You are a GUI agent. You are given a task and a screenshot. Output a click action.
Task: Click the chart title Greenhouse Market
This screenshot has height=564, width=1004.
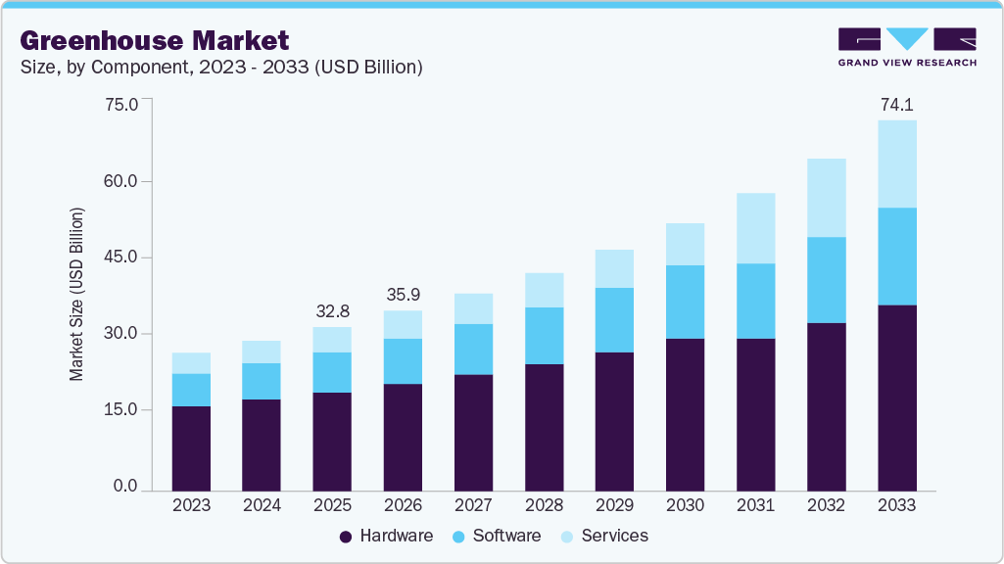(x=154, y=40)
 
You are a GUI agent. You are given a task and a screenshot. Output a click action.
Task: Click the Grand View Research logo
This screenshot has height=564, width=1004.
(x=907, y=47)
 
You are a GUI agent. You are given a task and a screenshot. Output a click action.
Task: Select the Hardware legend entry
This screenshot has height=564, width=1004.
(x=386, y=536)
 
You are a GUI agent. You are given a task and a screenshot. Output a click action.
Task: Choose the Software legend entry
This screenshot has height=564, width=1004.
(x=497, y=536)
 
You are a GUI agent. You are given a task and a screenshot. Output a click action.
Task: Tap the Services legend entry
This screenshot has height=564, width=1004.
(x=604, y=536)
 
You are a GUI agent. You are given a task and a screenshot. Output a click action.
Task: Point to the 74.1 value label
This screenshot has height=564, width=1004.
(x=897, y=105)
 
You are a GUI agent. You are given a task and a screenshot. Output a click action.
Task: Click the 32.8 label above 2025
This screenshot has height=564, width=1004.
(x=332, y=311)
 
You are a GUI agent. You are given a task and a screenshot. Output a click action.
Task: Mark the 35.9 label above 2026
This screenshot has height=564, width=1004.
(x=403, y=295)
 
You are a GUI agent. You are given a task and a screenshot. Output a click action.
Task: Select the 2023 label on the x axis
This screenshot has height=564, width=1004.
(x=191, y=505)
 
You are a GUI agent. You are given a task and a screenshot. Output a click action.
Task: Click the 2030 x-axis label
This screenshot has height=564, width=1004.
(x=685, y=505)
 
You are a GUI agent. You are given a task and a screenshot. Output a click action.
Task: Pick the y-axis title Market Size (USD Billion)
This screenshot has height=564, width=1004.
(x=76, y=294)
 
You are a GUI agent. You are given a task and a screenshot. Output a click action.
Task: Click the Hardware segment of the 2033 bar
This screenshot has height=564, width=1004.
(x=896, y=397)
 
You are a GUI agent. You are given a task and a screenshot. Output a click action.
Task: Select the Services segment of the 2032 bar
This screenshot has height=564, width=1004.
(x=826, y=198)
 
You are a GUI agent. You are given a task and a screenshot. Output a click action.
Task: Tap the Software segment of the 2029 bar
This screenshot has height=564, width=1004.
(x=614, y=319)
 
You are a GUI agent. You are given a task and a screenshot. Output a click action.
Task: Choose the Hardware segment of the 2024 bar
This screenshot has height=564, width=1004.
(x=262, y=444)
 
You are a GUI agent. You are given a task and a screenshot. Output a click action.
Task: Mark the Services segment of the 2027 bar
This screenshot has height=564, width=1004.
(x=473, y=308)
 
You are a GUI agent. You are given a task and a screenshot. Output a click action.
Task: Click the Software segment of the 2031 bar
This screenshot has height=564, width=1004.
(x=755, y=301)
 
